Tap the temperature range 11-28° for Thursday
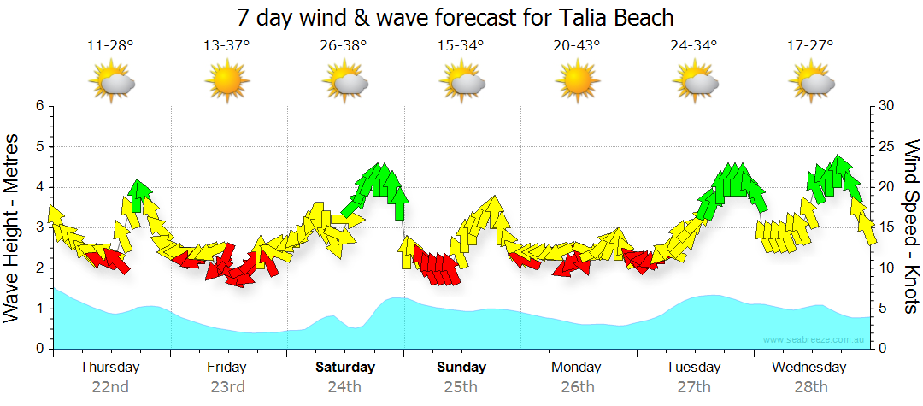[110, 46]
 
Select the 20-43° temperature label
[577, 46]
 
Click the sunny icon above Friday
[226, 82]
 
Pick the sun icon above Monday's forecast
[577, 82]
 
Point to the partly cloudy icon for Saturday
[345, 82]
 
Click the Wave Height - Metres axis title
[13, 227]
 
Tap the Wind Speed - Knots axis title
[911, 227]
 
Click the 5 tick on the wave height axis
[38, 146]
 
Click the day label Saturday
[345, 368]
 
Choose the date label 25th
[461, 386]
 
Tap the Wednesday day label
[808, 368]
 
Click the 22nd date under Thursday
[110, 386]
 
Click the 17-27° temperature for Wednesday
[810, 46]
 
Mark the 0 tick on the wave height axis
[38, 349]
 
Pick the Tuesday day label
[693, 368]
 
